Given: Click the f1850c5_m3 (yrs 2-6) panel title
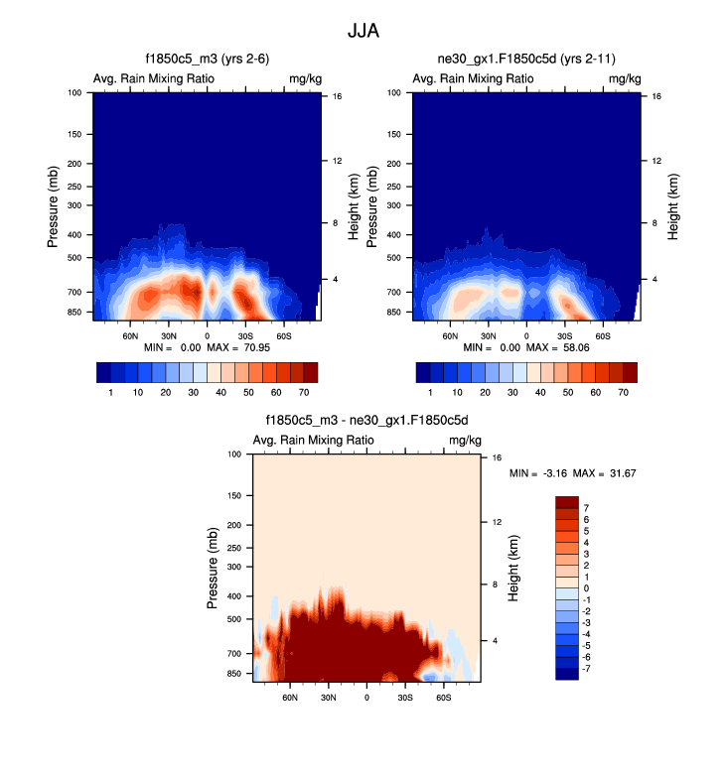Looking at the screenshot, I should click(207, 61).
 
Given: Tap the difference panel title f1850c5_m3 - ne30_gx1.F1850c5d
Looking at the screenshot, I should click(366, 421).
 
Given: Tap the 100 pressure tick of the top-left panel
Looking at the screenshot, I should click(73, 93).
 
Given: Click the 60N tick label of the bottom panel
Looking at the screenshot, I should click(290, 698).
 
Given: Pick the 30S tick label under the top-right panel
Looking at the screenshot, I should click(564, 336).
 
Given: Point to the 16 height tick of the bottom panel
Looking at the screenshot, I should click(498, 458).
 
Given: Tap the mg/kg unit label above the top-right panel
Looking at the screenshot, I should click(623, 78).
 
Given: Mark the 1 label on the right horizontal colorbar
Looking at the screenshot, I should click(430, 394).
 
